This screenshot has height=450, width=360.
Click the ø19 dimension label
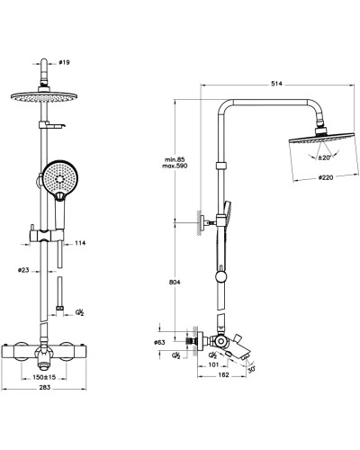[x=64, y=62]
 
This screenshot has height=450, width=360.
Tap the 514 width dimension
[x=276, y=84]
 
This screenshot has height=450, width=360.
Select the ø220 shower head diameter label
[x=326, y=177]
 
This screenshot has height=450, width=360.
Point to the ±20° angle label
[x=324, y=157]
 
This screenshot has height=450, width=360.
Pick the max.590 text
[x=175, y=166]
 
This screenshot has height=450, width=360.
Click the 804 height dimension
[x=175, y=283]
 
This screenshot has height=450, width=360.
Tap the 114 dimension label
[x=80, y=243]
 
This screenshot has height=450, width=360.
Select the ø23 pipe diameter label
[x=23, y=270]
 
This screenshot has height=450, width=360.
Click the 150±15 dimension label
[x=45, y=377]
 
